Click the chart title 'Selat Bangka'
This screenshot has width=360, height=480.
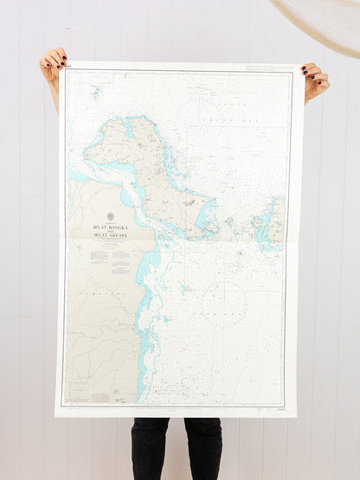[x=110, y=227]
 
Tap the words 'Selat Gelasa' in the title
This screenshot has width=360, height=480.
[x=110, y=235]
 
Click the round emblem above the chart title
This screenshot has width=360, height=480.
[x=110, y=216]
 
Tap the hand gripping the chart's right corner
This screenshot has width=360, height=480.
[x=314, y=80]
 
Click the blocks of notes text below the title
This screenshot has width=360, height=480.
[x=110, y=257]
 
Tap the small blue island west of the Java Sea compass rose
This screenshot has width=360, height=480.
[x=184, y=286]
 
